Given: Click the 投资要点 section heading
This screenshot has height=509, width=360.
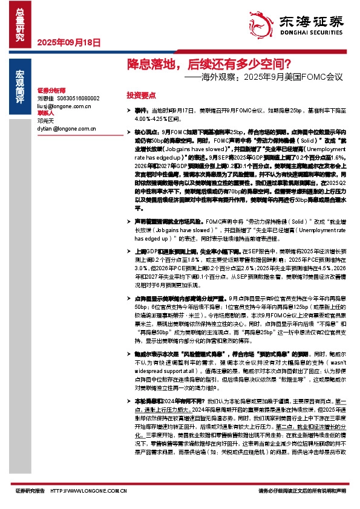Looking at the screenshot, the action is pyautogui.click(x=141, y=96).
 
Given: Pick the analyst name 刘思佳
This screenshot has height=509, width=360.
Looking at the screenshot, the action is pyautogui.click(x=46, y=97).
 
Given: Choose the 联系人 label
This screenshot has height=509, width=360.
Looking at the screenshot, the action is pyautogui.click(x=46, y=113).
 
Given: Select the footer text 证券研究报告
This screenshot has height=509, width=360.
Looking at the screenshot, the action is pyautogui.click(x=30, y=491).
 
